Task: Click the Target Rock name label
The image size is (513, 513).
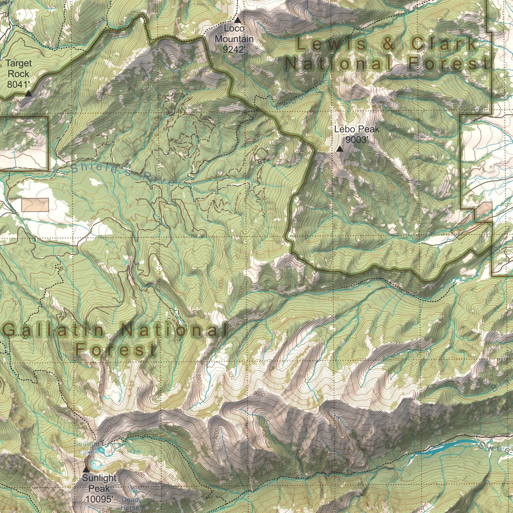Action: click(18, 69)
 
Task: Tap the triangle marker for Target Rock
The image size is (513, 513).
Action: click(28, 94)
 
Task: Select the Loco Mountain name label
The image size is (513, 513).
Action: click(234, 33)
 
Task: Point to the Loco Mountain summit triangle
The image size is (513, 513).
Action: click(238, 19)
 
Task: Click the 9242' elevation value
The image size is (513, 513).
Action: click(234, 49)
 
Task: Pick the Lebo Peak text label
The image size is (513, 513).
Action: click(356, 129)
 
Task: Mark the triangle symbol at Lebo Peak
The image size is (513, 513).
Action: click(340, 149)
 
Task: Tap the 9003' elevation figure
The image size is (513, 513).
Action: click(356, 140)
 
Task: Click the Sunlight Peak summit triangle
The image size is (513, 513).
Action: click(86, 469)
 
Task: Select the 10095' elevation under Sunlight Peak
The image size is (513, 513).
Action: click(99, 499)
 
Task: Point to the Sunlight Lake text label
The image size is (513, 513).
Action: click(87, 448)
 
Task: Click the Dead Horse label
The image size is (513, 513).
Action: click(130, 503)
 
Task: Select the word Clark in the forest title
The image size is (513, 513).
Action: click(444, 44)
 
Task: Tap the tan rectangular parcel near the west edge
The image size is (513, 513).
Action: click(35, 205)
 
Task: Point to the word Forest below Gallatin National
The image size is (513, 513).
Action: click(115, 350)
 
